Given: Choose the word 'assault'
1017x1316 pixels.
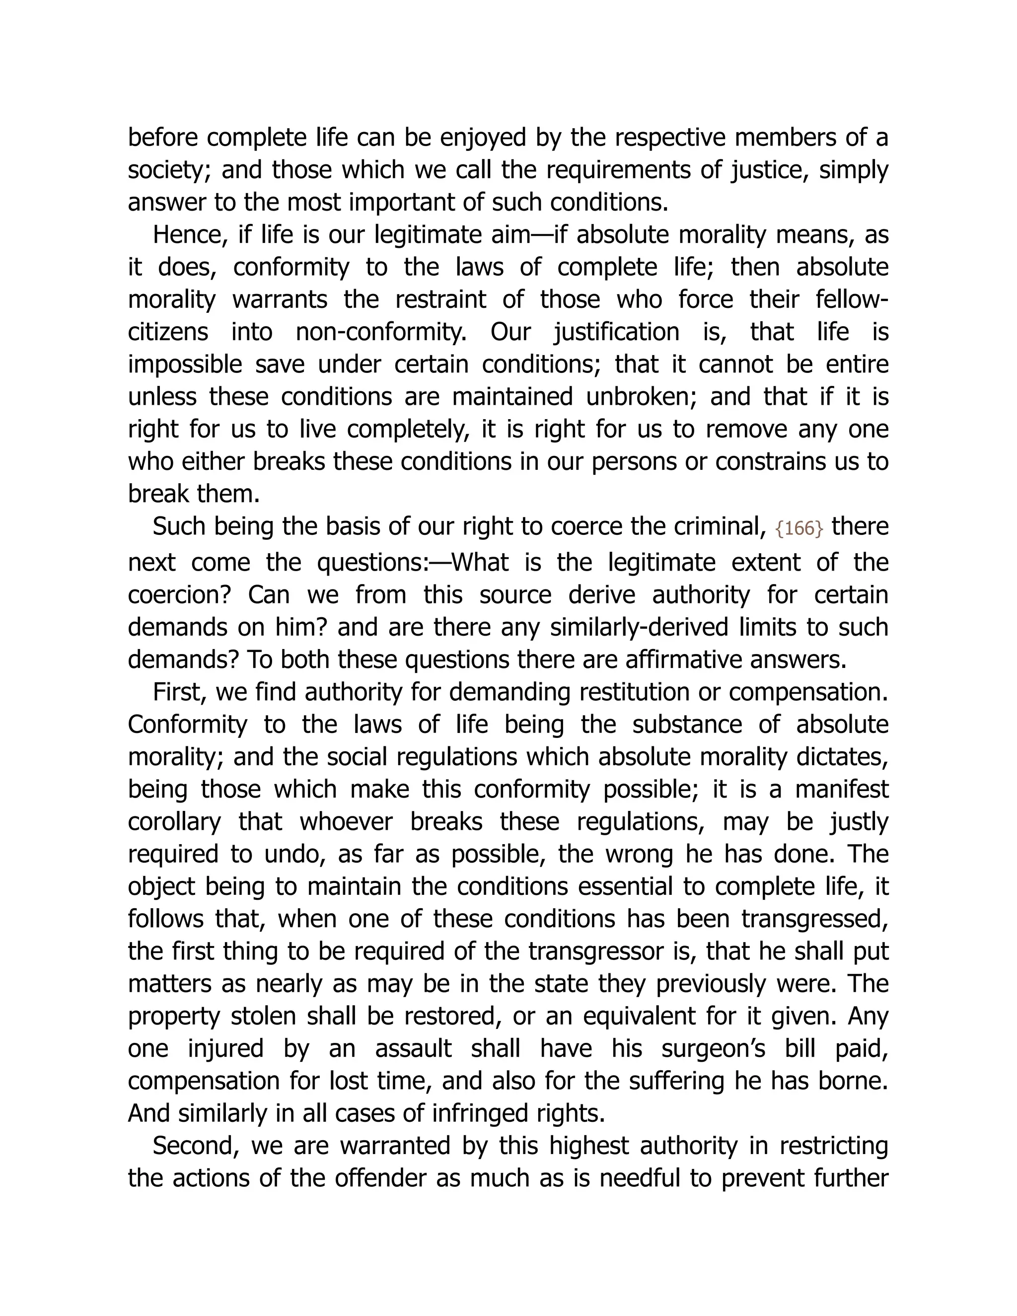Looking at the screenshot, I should [x=413, y=1049].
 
